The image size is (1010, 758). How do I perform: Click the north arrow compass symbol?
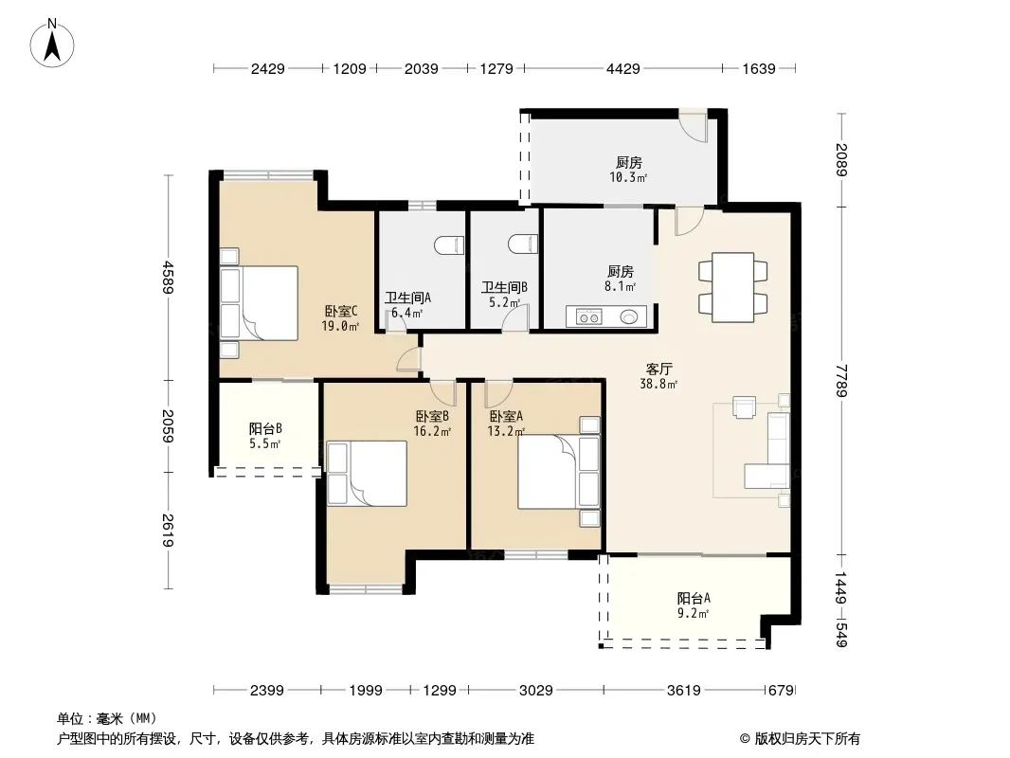click(x=52, y=44)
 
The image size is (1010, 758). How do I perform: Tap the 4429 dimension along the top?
click(x=622, y=68)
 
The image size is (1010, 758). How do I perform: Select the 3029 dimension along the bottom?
click(x=536, y=691)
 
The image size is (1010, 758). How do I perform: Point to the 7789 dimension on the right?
click(x=842, y=381)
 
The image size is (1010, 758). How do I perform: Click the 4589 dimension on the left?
click(x=168, y=278)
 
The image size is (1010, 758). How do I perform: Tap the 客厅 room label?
click(x=658, y=369)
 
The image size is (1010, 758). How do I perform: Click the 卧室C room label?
click(x=341, y=311)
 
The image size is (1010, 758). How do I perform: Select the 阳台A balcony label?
click(x=694, y=598)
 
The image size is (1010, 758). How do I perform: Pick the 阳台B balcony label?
click(x=265, y=429)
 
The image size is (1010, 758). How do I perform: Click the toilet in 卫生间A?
click(x=450, y=245)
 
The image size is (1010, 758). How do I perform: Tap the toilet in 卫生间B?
click(x=523, y=244)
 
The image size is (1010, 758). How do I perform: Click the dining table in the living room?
click(x=733, y=287)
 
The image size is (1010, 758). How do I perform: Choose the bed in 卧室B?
click(x=368, y=474)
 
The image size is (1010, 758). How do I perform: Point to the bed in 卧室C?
click(x=259, y=303)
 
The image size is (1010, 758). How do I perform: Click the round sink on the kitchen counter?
click(x=629, y=316)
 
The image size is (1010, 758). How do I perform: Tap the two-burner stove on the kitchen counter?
click(x=588, y=316)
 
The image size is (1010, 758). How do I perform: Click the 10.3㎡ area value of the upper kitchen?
click(x=628, y=177)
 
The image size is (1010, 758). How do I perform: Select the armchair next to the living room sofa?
click(x=744, y=407)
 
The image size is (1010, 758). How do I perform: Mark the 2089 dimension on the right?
click(x=842, y=160)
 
